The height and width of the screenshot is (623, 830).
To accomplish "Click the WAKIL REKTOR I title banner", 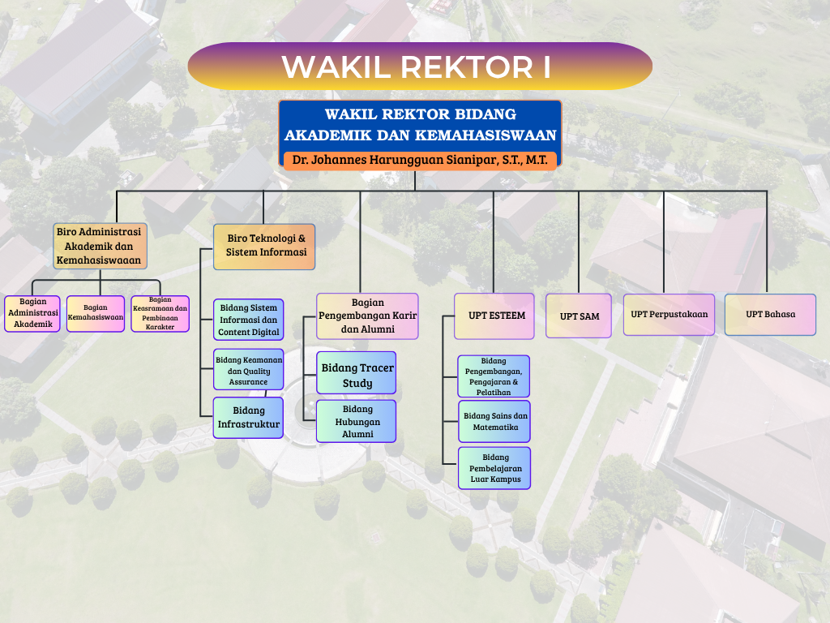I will tap(419, 67).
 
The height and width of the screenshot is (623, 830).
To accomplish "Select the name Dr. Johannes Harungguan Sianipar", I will tap(420, 160).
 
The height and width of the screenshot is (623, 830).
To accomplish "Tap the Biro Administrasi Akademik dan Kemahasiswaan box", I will tap(101, 247).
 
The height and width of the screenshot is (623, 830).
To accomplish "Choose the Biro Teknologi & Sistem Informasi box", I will tap(264, 247).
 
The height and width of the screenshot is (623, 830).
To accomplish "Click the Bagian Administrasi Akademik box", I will tap(32, 313).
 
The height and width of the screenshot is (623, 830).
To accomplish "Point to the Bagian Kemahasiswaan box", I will tap(96, 313).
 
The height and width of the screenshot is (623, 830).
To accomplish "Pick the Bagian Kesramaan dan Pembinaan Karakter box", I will tap(160, 313).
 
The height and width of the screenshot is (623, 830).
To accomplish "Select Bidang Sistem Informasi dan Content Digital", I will tap(249, 320).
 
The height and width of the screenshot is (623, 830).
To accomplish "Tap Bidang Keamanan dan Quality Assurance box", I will tap(249, 370).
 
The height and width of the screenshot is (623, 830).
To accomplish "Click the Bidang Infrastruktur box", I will tap(249, 418).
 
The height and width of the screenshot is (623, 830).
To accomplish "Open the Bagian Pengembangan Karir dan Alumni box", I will tap(367, 316).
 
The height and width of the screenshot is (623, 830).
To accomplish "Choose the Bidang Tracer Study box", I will tap(357, 375).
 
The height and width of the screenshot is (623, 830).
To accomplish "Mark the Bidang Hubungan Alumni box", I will tap(357, 421).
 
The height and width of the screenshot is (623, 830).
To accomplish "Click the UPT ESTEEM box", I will tap(494, 316).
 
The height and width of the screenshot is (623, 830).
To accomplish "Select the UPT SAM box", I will tap(580, 316).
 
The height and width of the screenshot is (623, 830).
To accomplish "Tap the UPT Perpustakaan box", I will tap(669, 315).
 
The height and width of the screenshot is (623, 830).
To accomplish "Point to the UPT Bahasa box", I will tap(770, 315).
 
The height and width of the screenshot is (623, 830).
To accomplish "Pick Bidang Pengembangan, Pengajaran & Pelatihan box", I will tap(494, 376).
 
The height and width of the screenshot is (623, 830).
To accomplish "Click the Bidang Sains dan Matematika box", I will tap(494, 421).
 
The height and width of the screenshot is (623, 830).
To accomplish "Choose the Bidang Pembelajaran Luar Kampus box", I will tap(494, 468).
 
